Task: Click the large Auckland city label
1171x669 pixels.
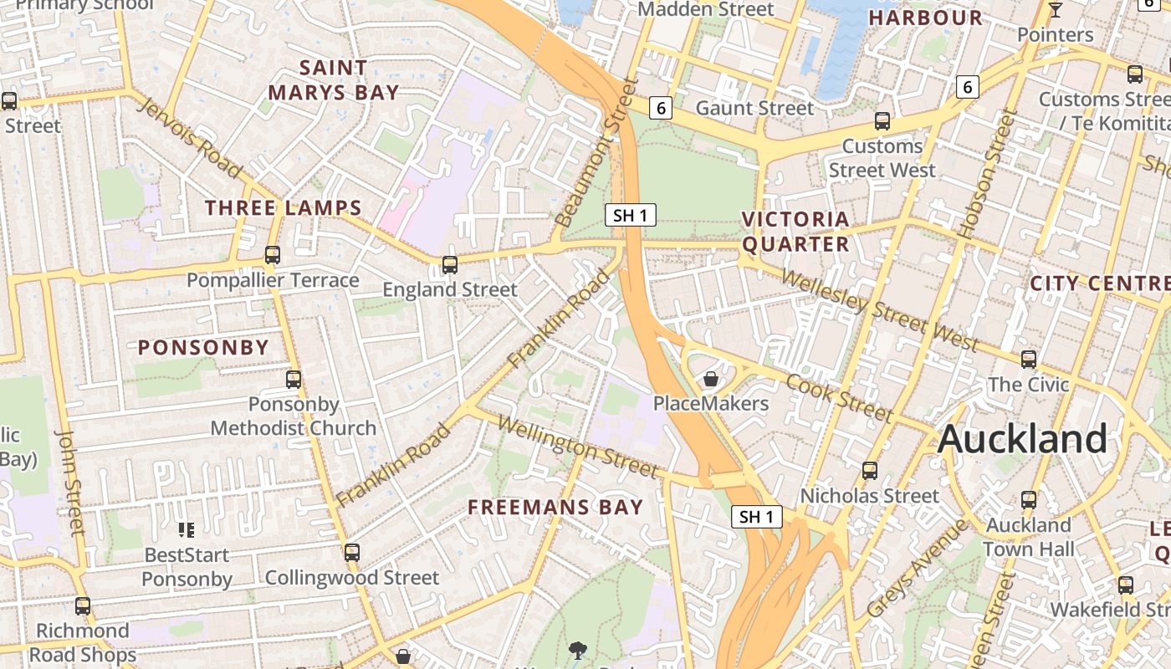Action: (x=1022, y=439)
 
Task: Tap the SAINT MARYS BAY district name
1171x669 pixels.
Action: (x=337, y=79)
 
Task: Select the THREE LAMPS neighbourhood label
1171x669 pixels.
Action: (x=284, y=208)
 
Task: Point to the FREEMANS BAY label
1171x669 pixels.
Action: (x=555, y=507)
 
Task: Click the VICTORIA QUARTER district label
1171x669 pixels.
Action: (x=795, y=232)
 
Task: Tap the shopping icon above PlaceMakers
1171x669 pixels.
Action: (x=711, y=379)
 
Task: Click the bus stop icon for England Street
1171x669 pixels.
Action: (x=450, y=265)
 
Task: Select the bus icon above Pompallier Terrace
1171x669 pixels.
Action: (x=273, y=255)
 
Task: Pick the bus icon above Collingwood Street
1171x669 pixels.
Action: (x=352, y=553)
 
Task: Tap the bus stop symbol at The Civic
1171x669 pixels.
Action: (x=1029, y=360)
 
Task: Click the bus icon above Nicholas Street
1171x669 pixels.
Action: (x=870, y=471)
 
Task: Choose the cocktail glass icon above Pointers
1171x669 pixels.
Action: (x=1056, y=10)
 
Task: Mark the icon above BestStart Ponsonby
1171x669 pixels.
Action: (x=187, y=529)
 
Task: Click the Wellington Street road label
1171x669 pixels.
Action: (x=577, y=447)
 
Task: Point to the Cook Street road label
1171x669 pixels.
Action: (x=840, y=397)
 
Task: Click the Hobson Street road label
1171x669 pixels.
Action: (x=988, y=174)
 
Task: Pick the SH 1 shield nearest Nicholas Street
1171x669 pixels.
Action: (x=757, y=517)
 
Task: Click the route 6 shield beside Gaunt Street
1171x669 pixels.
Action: (x=661, y=108)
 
